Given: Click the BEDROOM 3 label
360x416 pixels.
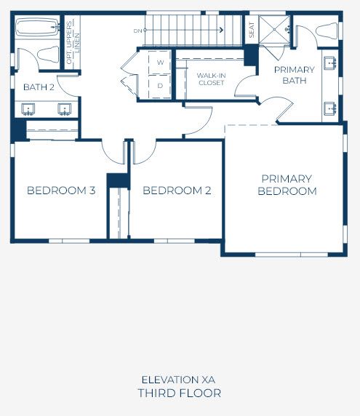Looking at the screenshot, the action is [x=61, y=191].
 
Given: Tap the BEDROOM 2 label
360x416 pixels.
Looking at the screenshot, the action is [x=177, y=191].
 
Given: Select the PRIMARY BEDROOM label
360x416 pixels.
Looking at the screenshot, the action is [x=287, y=185].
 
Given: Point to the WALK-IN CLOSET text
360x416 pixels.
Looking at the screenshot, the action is [x=211, y=79].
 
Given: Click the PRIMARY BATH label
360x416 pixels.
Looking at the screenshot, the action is [x=295, y=75].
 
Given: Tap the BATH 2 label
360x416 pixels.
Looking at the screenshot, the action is [x=39, y=87].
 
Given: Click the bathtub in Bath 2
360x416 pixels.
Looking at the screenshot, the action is [x=37, y=27].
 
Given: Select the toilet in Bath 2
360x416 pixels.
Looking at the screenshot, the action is [x=48, y=55].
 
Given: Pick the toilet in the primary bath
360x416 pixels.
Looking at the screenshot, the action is [x=327, y=31].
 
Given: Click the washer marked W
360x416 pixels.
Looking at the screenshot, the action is [x=160, y=63].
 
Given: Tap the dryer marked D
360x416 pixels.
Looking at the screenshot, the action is [x=160, y=86].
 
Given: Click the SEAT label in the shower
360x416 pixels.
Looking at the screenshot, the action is [x=252, y=30].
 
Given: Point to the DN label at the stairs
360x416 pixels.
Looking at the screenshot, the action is [x=137, y=31].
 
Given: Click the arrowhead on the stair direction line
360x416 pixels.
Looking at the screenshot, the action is [x=222, y=30].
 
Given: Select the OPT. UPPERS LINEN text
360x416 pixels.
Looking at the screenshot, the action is [x=73, y=42].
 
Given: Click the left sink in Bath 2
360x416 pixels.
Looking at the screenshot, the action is [x=28, y=110].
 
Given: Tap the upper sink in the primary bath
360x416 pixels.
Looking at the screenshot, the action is [x=330, y=63].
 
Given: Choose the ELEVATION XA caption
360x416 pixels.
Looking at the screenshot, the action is [x=178, y=380].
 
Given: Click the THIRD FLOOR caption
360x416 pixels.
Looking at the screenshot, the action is [x=180, y=393].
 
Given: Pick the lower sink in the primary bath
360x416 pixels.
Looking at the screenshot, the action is [x=330, y=108].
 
